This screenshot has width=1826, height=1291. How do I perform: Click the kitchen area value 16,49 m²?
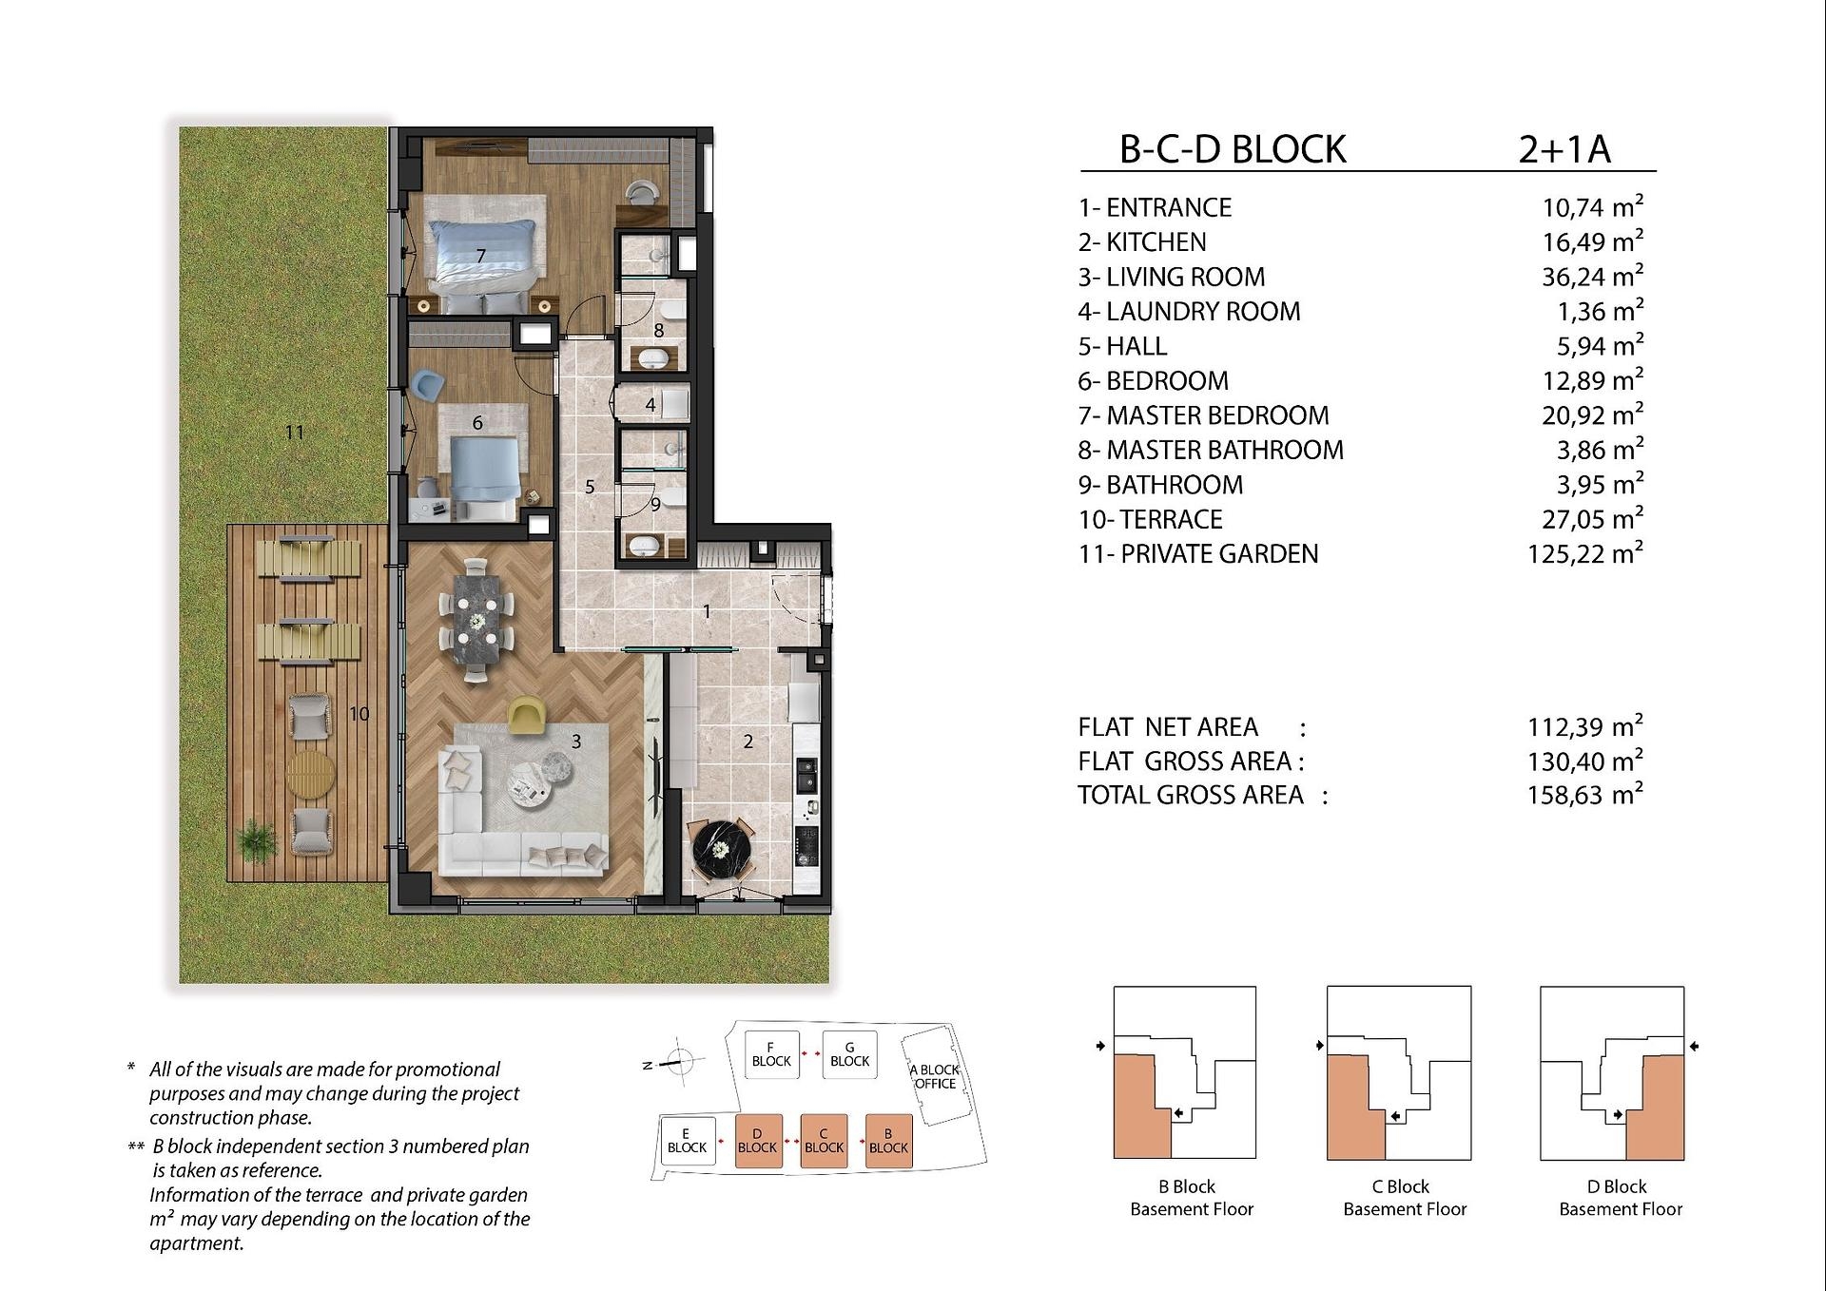[1593, 241]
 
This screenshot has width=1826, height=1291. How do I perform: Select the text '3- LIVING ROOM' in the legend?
[1172, 277]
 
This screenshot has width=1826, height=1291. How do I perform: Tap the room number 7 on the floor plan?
[481, 256]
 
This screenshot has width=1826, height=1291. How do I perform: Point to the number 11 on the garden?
[295, 433]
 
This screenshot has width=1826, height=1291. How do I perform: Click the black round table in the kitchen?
[722, 849]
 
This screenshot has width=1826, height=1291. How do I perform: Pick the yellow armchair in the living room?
[526, 715]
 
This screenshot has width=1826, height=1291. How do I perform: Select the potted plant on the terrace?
[256, 841]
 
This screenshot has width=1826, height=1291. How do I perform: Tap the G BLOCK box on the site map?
[849, 1054]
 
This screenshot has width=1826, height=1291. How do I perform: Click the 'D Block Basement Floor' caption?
[1621, 1198]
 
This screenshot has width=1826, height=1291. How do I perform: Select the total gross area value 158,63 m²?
[1585, 795]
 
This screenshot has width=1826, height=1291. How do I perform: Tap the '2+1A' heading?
[1564, 149]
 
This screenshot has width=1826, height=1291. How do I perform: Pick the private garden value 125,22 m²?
[1585, 553]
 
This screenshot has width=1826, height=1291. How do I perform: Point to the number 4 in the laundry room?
[651, 404]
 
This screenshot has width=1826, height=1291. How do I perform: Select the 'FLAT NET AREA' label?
[1168, 727]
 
